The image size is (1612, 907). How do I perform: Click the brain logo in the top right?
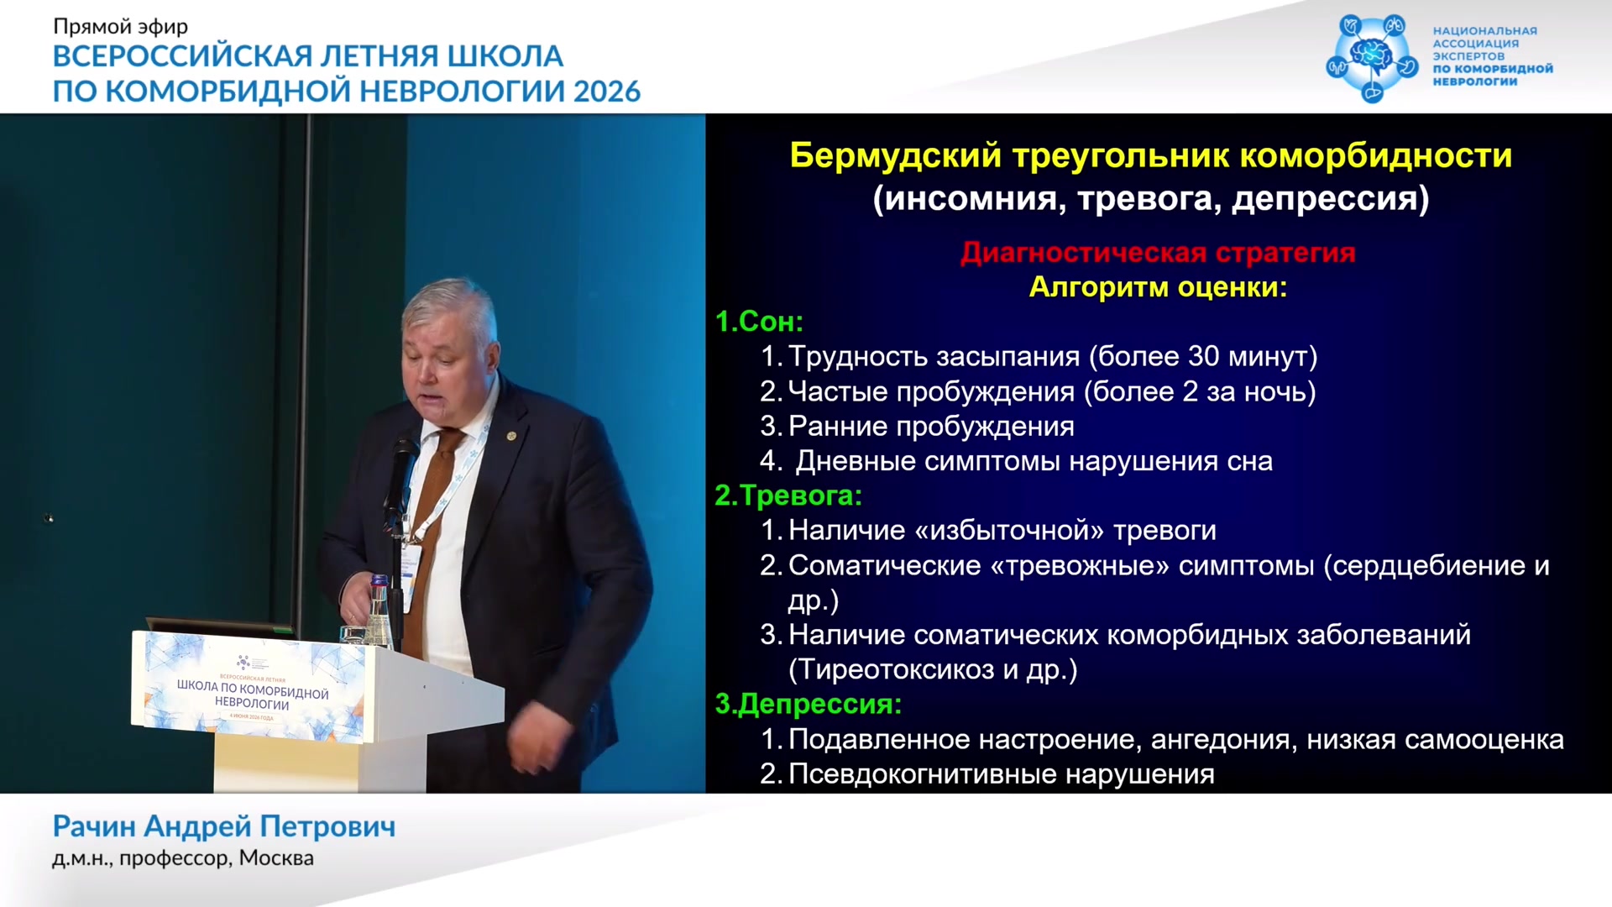pyautogui.click(x=1372, y=57)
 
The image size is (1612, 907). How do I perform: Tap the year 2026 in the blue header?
pyautogui.click(x=607, y=91)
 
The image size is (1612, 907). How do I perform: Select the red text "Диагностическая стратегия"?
pyautogui.click(x=1158, y=252)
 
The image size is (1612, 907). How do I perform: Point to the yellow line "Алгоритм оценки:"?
pyautogui.click(x=1158, y=287)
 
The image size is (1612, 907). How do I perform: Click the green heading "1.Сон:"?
pyautogui.click(x=759, y=322)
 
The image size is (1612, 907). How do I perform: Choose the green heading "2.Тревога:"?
pyautogui.click(x=788, y=495)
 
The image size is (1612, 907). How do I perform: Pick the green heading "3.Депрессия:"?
pyautogui.click(x=808, y=704)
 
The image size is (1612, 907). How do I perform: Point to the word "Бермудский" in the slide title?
pyautogui.click(x=896, y=156)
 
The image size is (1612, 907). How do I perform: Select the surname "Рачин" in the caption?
pyautogui.click(x=94, y=826)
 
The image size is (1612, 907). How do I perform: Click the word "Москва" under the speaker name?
pyautogui.click(x=276, y=858)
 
